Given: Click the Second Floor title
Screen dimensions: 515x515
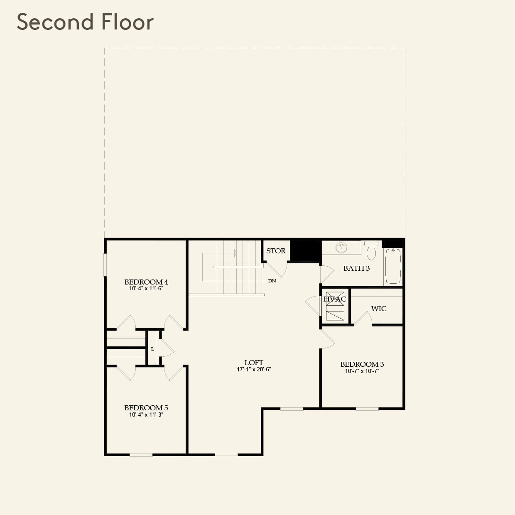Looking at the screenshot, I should pos(85,22).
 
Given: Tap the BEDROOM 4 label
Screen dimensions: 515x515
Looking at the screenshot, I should pos(146,282).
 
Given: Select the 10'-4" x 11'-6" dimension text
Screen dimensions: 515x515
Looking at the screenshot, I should pos(146,288).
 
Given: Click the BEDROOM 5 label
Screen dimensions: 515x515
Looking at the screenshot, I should pos(146,408).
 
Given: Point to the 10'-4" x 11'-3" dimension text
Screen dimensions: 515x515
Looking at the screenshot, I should pos(146,414).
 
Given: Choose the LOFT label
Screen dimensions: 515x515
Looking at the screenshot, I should pos(254,363).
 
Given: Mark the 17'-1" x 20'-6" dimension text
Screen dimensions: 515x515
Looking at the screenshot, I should pos(254,369).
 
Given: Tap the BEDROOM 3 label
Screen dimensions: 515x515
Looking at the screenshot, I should pos(362,364).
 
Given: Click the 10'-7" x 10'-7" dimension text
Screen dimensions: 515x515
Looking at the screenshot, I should pos(362,371).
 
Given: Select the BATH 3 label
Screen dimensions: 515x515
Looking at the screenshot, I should pos(356,268).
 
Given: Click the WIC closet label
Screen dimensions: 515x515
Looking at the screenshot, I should pos(379,309).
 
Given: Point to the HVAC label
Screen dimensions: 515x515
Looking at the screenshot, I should pos(335,299).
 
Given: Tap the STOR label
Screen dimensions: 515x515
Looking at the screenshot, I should pos(276,251).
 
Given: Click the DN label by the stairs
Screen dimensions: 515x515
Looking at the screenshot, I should pos(272,281).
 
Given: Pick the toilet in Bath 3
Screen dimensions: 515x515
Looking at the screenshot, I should pos(371,250).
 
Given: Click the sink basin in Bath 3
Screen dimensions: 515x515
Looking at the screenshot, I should pos(341,248).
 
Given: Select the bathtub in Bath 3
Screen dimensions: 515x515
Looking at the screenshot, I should pos(393,266).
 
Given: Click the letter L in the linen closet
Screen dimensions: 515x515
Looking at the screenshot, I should pos(152,349).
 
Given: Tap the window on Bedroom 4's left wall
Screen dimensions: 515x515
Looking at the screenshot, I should pos(105,265).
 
